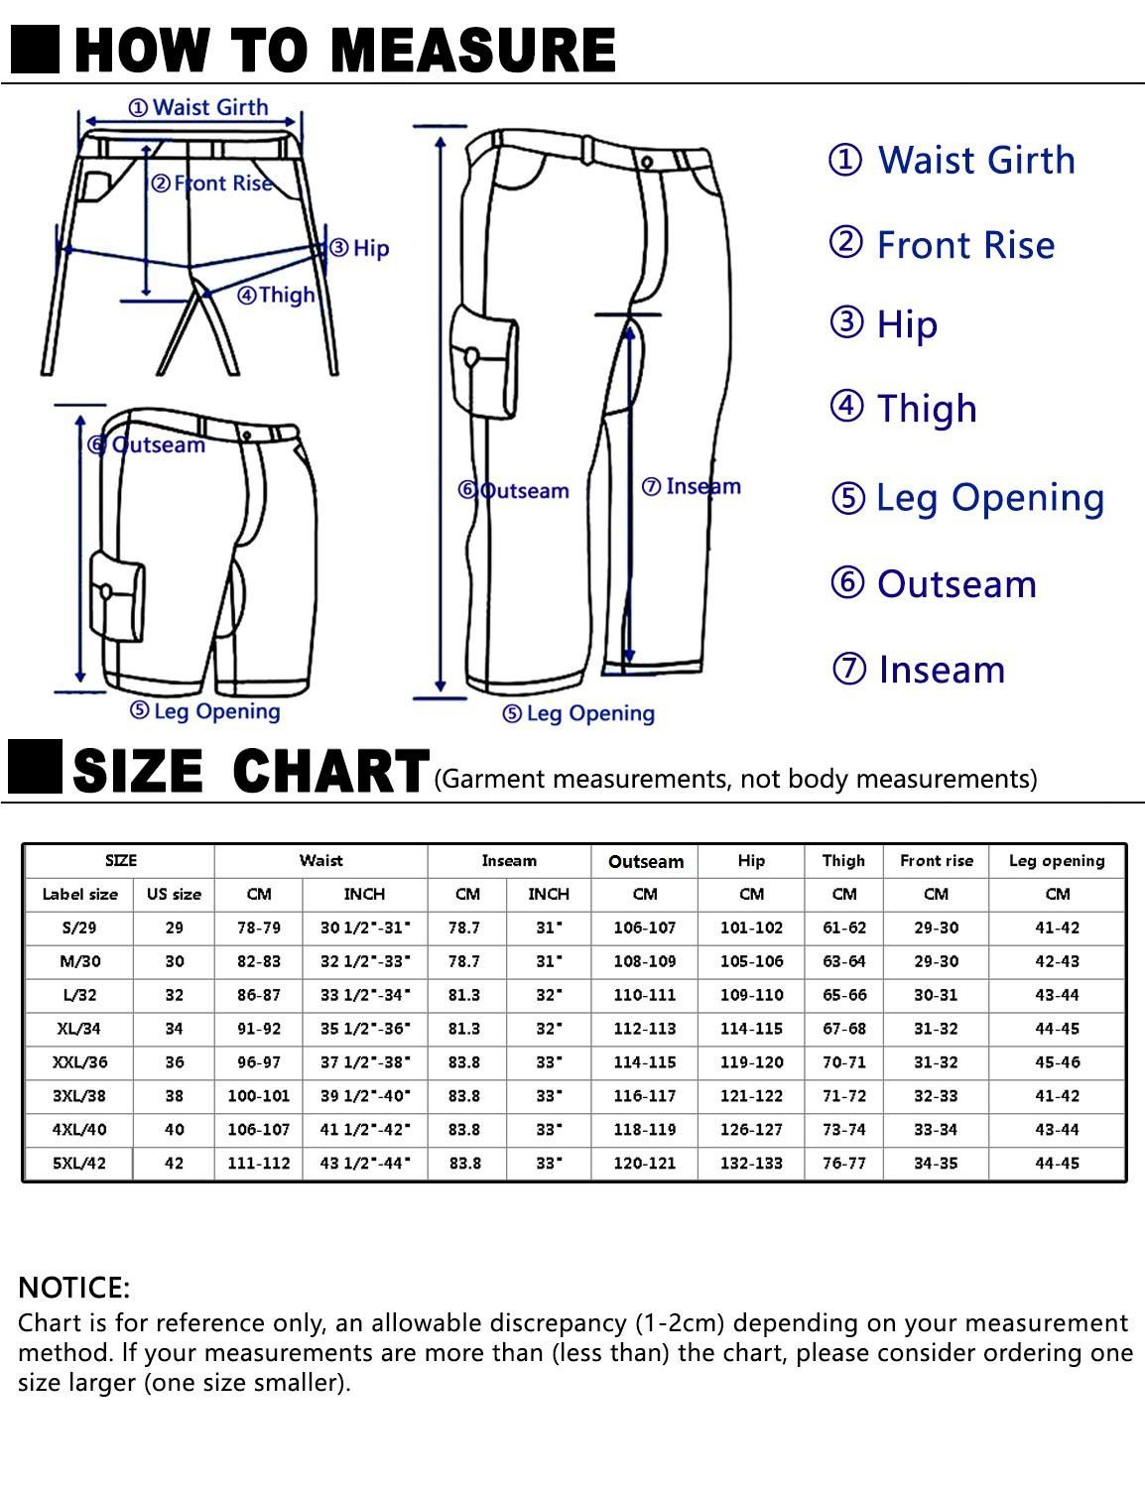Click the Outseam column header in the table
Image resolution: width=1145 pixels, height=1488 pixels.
646,861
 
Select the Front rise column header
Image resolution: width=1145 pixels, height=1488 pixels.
936,861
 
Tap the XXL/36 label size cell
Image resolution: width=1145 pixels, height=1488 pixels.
80,1062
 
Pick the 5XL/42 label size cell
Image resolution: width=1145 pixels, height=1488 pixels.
79,1163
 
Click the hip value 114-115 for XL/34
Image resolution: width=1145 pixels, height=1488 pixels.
751,1029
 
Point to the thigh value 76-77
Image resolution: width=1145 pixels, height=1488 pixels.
844,1163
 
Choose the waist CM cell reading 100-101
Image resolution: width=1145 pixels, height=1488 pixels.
258,1095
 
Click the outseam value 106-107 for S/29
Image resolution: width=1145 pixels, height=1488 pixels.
644,928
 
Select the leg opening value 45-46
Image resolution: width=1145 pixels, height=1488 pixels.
1058,1062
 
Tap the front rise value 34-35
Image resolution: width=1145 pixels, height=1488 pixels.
936,1163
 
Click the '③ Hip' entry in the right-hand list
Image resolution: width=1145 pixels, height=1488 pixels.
883,324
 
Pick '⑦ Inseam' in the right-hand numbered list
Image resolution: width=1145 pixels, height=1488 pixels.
919,669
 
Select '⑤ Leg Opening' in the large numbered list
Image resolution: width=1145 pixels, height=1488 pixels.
967,499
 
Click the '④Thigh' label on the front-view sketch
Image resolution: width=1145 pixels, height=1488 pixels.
276,296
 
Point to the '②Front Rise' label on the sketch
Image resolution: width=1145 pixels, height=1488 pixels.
211,184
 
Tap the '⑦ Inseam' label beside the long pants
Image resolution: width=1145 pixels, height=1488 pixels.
691,486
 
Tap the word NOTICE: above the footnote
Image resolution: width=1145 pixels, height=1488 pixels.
74,1288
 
